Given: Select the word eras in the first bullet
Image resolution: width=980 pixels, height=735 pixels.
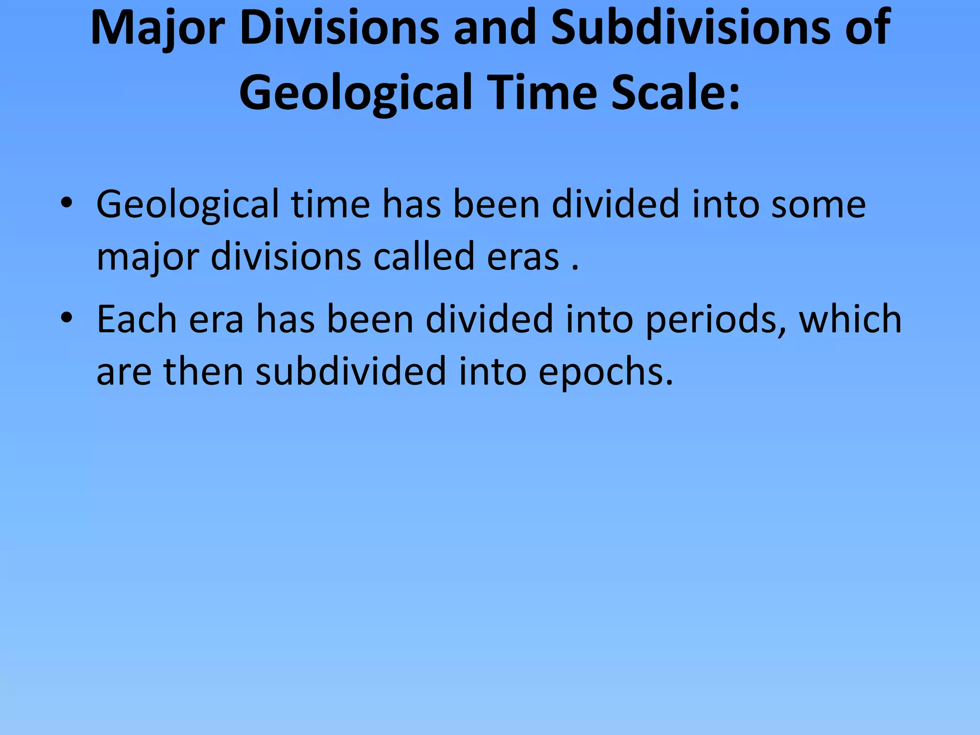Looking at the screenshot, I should click(523, 256).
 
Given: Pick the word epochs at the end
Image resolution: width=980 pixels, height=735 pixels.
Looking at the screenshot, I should click(605, 372).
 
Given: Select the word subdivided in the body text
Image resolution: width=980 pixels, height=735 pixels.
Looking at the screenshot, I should click(351, 371).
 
